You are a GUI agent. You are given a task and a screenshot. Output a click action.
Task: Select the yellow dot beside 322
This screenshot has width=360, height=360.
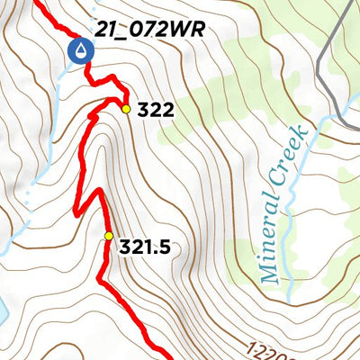(x=127, y=109)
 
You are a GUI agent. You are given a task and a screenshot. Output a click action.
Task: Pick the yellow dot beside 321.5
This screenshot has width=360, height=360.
(x=109, y=237)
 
